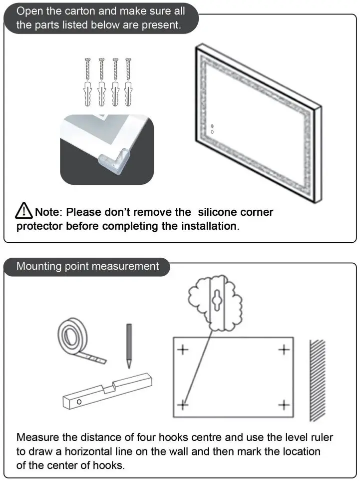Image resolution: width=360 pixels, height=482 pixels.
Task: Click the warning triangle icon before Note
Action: pyautogui.click(x=23, y=211)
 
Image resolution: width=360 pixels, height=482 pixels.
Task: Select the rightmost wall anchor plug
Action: pyautogui.click(x=128, y=94)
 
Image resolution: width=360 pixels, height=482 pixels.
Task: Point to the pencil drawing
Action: pyautogui.click(x=129, y=346)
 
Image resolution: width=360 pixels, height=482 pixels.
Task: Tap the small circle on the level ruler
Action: pyautogui.click(x=79, y=402)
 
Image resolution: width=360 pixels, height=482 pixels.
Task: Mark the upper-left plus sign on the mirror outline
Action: pyautogui.click(x=183, y=350)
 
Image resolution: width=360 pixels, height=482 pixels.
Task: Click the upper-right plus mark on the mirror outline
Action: pyautogui.click(x=284, y=350)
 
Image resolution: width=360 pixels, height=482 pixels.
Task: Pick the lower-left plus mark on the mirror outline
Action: pyautogui.click(x=183, y=405)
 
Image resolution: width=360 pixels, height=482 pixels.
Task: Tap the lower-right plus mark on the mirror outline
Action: pyautogui.click(x=284, y=405)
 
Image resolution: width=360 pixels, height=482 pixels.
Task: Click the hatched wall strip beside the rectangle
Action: pyautogui.click(x=317, y=380)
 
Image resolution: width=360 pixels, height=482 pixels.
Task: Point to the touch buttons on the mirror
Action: pyautogui.click(x=212, y=129)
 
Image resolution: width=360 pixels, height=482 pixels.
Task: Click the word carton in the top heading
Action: pyautogui.click(x=80, y=11)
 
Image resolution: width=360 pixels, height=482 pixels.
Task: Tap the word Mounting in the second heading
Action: pyautogui.click(x=39, y=267)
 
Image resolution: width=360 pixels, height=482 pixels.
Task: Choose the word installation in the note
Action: pyautogui.click(x=210, y=226)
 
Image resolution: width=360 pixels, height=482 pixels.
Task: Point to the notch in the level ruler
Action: pyautogui.click(x=109, y=387)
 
